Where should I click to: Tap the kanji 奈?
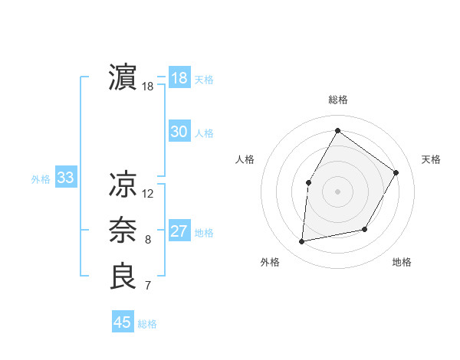pyautogui.click(x=123, y=231)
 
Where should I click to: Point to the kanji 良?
pyautogui.click(x=123, y=277)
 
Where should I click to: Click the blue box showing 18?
pyautogui.click(x=179, y=78)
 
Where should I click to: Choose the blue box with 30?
pyautogui.click(x=179, y=132)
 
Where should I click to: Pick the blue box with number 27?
pyautogui.click(x=179, y=231)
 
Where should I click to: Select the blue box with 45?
pyautogui.click(x=122, y=322)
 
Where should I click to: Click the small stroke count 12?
pyautogui.click(x=148, y=194)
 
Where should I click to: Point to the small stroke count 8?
pyautogui.click(x=148, y=240)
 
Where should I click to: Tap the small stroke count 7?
pyautogui.click(x=148, y=286)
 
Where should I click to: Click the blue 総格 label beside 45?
pyautogui.click(x=147, y=324)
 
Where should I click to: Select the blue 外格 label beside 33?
pyautogui.click(x=41, y=179)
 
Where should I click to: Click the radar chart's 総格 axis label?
pyautogui.click(x=337, y=100)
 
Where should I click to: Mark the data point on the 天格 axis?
pyautogui.click(x=396, y=172)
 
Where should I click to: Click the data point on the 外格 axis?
pyautogui.click(x=302, y=242)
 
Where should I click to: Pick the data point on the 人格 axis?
pyautogui.click(x=308, y=182)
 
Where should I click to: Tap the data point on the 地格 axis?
pyautogui.click(x=365, y=229)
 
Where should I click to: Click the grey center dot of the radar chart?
pyautogui.click(x=337, y=191)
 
